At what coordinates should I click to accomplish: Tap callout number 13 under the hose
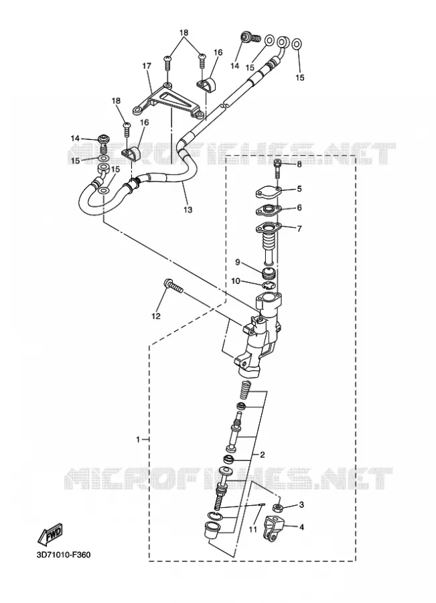pos(188,210)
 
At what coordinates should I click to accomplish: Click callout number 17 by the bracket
pos(147,66)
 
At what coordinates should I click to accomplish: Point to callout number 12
pos(155,316)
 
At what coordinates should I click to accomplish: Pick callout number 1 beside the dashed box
pos(139,439)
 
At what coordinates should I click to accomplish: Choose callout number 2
pos(263,455)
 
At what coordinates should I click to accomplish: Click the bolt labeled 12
pos(173,286)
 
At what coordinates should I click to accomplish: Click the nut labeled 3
pos(277,508)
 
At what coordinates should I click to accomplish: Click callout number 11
pos(252,529)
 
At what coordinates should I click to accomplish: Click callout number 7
pos(299,228)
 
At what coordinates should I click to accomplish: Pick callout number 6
pos(299,208)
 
